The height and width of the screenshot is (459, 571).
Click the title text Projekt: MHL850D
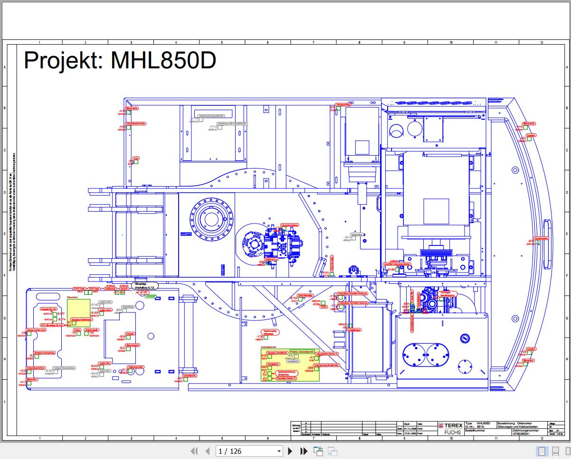pyautogui.click(x=120, y=61)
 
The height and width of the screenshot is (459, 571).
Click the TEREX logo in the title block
pyautogui.click(x=449, y=425)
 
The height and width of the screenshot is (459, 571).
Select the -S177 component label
pyautogui.click(x=61, y=314)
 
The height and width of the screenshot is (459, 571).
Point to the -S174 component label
pyautogui.click(x=61, y=320)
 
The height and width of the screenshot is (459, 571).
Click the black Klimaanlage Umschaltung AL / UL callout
pyautogui.click(x=145, y=286)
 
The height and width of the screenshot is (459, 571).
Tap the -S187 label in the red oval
pyautogui.click(x=144, y=292)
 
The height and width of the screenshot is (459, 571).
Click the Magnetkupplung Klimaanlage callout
pyautogui.click(x=268, y=332)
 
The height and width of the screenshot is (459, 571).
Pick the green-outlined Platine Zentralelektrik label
pyautogui.click(x=301, y=351)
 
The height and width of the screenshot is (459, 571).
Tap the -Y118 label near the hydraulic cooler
pyautogui.click(x=213, y=127)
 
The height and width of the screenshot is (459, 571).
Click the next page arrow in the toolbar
pyautogui.click(x=290, y=451)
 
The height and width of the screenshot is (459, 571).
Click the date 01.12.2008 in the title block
pyautogui.click(x=410, y=428)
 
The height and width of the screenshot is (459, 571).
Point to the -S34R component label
pyautogui.click(x=95, y=366)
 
